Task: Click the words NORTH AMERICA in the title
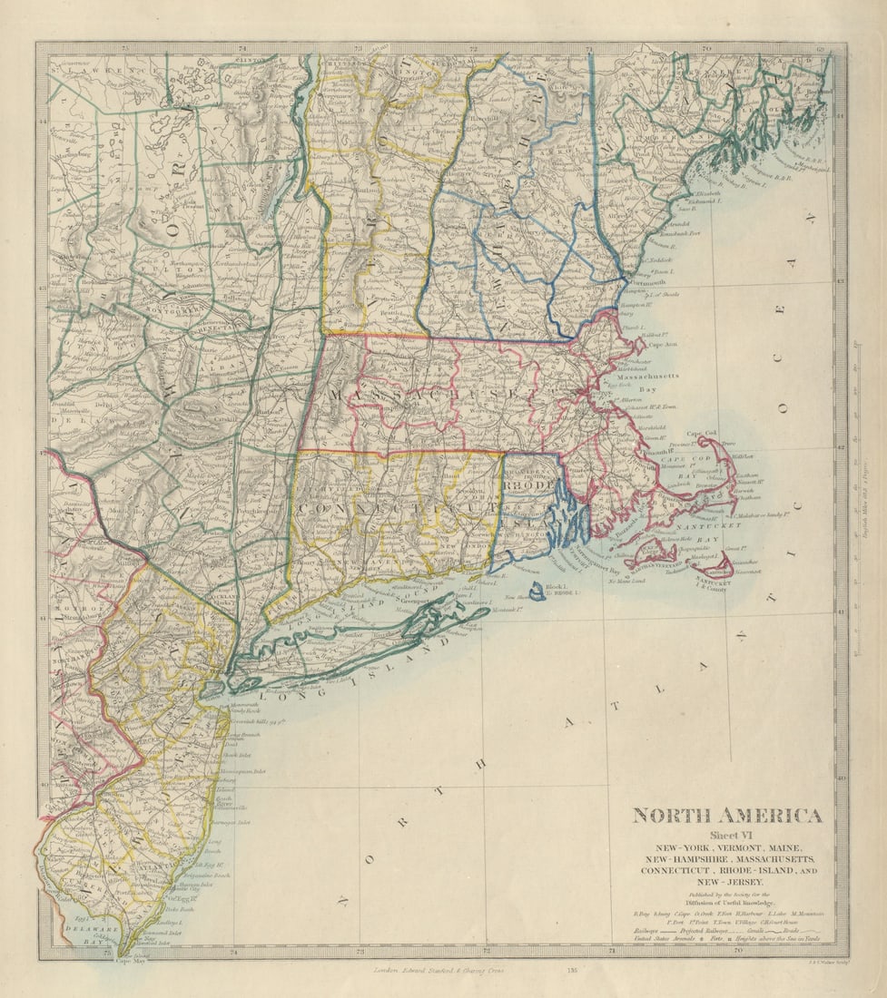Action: coord(727,815)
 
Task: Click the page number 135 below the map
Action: coord(572,970)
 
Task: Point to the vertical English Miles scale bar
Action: coord(856,499)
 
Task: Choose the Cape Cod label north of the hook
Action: coord(701,434)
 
